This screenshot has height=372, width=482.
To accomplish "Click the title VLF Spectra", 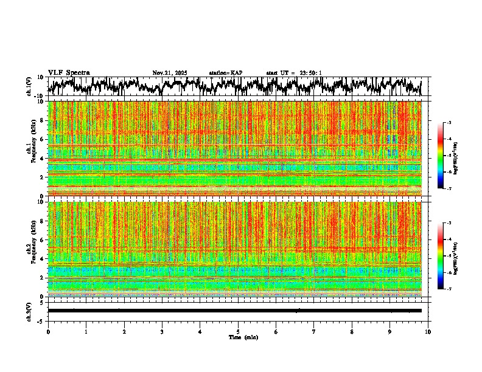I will pyautogui.click(x=69, y=72).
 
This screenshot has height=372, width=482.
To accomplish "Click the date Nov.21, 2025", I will pyautogui.click(x=170, y=73).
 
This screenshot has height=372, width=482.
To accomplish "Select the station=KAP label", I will pyautogui.click(x=225, y=73).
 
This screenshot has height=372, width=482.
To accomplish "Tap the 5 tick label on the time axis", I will pyautogui.click(x=238, y=332).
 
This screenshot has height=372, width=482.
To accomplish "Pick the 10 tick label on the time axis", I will pyautogui.click(x=428, y=332).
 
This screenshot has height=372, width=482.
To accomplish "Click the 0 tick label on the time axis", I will pyautogui.click(x=48, y=332).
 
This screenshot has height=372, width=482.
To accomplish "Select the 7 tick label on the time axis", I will pyautogui.click(x=314, y=332).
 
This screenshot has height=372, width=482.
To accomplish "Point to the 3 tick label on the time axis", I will pyautogui.click(x=162, y=332).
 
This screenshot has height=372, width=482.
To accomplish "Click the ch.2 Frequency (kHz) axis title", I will pyautogui.click(x=30, y=249).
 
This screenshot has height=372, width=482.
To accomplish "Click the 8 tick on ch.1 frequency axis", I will pyautogui.click(x=42, y=120).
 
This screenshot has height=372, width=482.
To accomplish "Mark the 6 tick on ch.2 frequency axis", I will pyautogui.click(x=42, y=239).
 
